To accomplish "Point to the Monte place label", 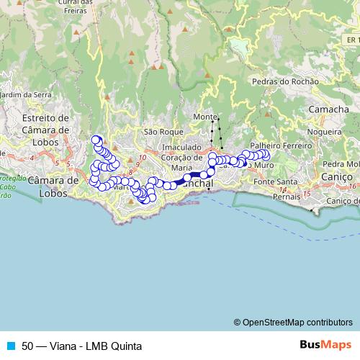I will tap(204, 117).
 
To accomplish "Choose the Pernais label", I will tap(287, 195).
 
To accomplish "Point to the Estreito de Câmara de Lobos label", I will tap(45, 123).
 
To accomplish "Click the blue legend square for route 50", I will tap(10, 346).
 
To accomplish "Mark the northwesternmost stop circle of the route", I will tap(95, 140).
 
